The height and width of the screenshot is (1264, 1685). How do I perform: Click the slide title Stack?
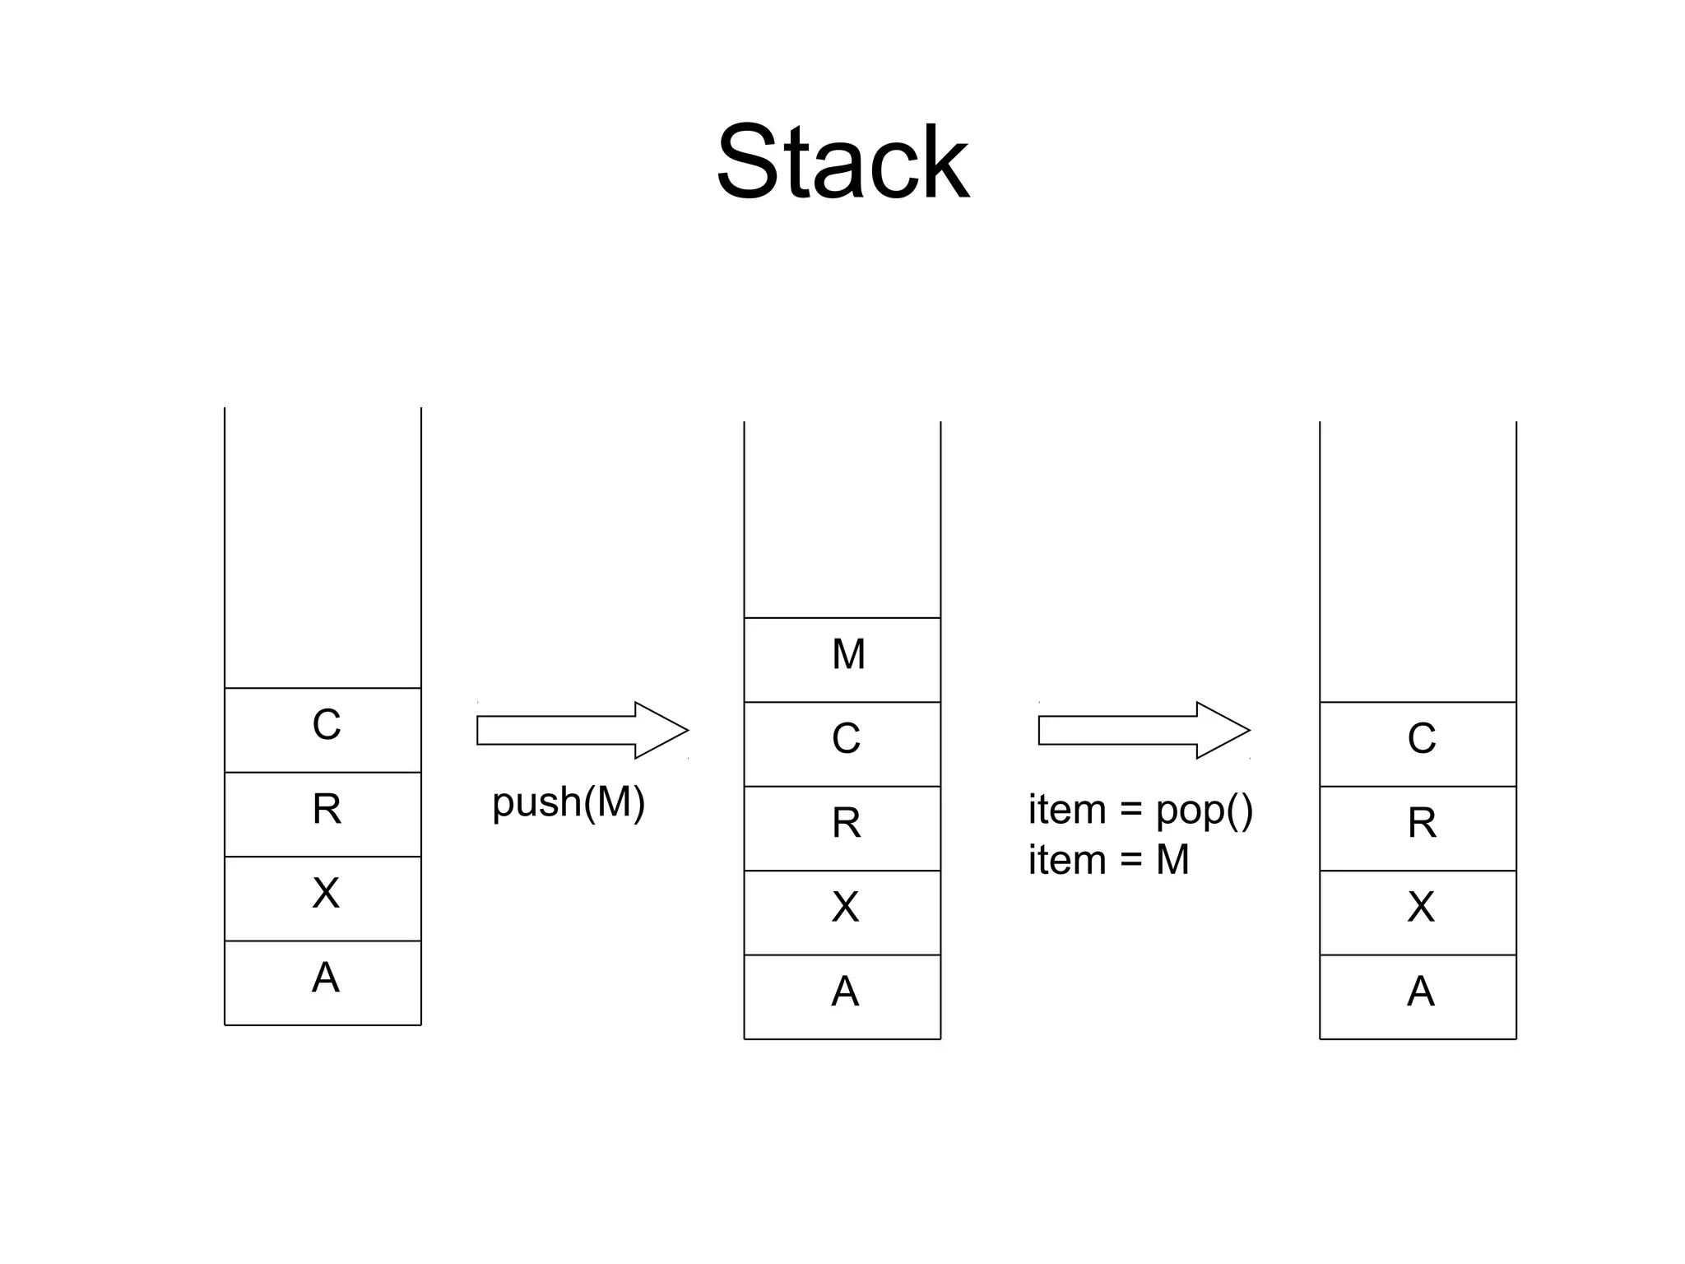pyautogui.click(x=842, y=162)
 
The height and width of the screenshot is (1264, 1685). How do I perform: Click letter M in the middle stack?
pyautogui.click(x=848, y=655)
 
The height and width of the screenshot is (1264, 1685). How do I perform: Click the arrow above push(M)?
pyautogui.click(x=581, y=730)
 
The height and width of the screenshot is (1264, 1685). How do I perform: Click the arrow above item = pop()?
pyautogui.click(x=1143, y=730)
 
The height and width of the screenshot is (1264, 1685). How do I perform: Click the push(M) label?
pyautogui.click(x=569, y=802)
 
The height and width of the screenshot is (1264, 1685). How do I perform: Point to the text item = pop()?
pyautogui.click(x=1140, y=811)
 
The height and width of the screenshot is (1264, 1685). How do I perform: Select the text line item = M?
pyautogui.click(x=1108, y=860)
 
